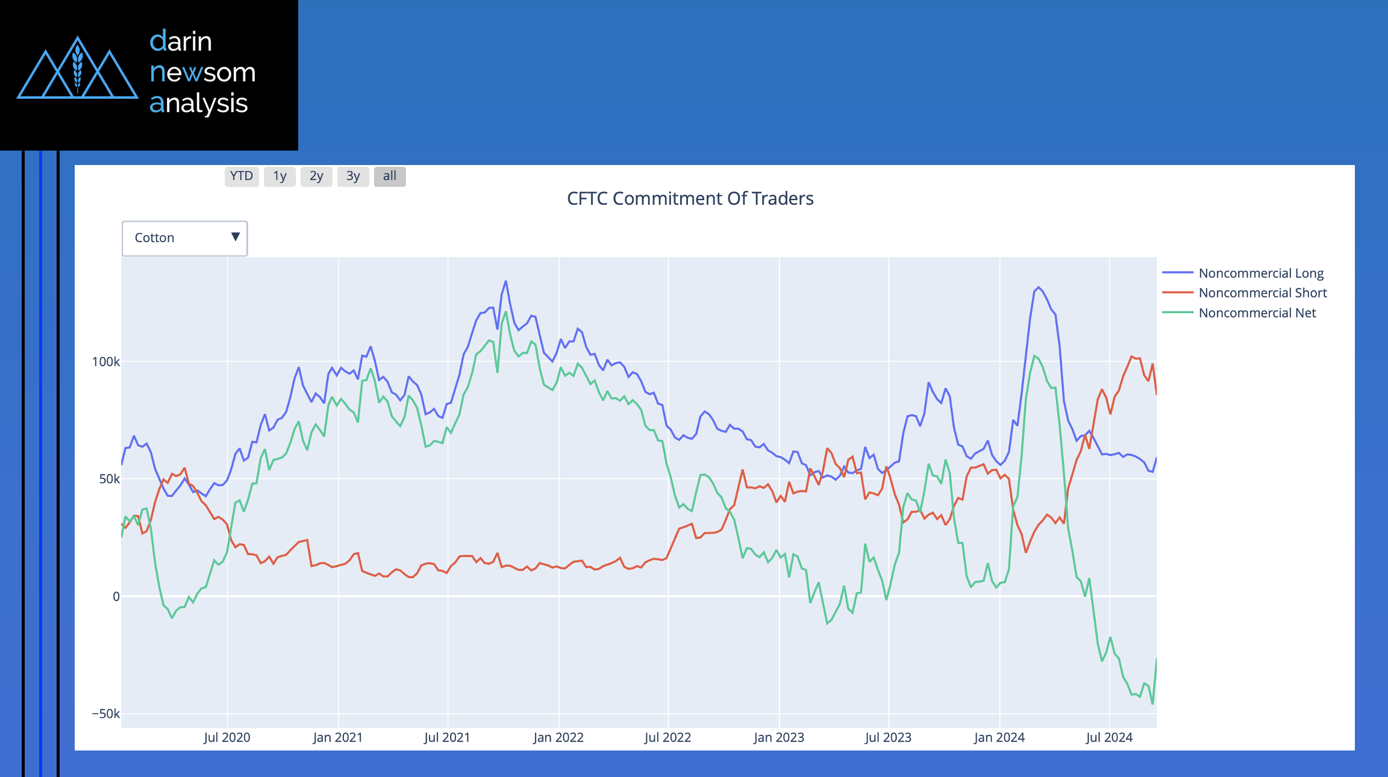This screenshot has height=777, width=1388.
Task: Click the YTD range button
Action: coord(242,176)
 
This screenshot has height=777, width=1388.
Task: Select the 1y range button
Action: coord(280,176)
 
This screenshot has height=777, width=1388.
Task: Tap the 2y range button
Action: coord(316,176)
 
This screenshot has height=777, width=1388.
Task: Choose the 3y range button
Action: coord(353,176)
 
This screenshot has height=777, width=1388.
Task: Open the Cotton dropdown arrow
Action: coord(236,237)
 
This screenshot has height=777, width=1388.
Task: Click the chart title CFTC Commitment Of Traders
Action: coord(690,199)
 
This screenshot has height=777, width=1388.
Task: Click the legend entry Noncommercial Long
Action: coord(1260,273)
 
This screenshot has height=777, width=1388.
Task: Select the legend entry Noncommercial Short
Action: coord(1262,293)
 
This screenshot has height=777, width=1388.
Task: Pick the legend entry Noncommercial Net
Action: coord(1257,313)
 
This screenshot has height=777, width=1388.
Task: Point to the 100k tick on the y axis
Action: coord(105,362)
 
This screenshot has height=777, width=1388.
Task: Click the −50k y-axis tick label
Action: coord(105,714)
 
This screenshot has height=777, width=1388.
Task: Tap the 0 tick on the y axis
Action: coord(116,597)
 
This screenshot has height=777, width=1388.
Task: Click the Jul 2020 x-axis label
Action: coord(227,738)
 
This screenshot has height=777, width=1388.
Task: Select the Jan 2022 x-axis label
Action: coord(558,738)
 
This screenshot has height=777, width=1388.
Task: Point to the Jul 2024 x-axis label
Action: coord(1109,738)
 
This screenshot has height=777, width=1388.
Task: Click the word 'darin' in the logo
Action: coord(181,42)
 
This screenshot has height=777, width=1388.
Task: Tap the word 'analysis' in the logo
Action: coord(199,104)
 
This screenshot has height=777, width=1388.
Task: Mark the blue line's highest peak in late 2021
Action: coord(505,281)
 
